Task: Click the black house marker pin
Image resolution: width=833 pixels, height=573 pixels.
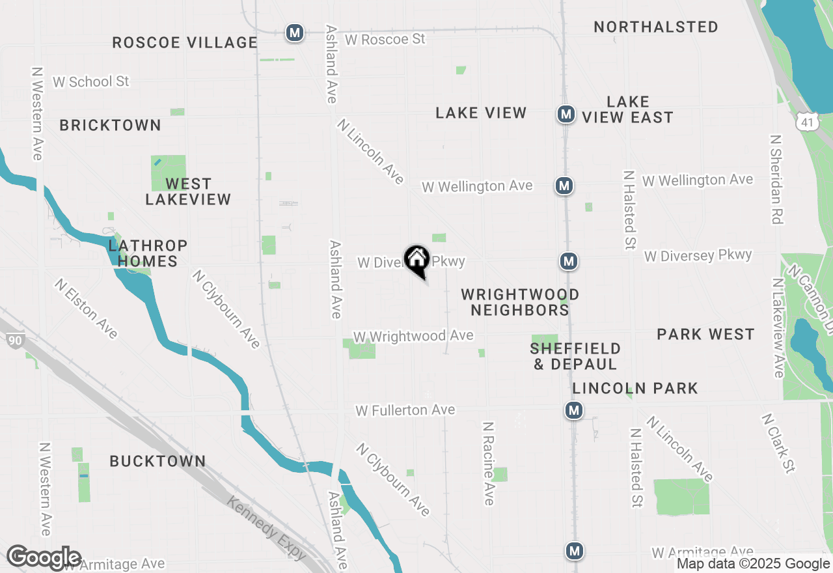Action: [x=416, y=260]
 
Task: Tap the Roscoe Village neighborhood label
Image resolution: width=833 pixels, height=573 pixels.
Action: [x=185, y=43]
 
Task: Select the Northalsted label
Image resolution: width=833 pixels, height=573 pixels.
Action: [x=656, y=27]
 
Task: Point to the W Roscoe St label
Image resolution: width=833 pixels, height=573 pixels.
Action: [x=385, y=40]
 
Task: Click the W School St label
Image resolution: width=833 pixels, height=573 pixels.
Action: [x=91, y=82]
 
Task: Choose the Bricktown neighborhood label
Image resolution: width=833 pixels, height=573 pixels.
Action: [x=111, y=125]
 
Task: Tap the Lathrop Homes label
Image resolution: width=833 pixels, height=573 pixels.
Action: [x=148, y=253]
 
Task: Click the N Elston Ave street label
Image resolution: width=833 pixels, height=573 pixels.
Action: [x=86, y=309]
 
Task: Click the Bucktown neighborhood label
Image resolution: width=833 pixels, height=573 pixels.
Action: [x=157, y=462]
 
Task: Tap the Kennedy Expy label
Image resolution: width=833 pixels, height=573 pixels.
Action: [x=266, y=527]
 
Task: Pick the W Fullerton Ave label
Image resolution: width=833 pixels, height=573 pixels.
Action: [x=405, y=410]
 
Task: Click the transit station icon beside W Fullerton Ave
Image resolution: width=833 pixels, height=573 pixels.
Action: [x=573, y=410]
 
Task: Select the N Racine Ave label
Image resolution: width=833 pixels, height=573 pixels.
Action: [x=488, y=463]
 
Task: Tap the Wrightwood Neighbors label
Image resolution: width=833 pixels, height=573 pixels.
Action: [x=520, y=302]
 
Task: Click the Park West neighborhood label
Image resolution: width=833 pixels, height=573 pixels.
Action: [x=705, y=335]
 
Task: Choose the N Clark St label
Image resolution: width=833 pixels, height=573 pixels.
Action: [x=778, y=443]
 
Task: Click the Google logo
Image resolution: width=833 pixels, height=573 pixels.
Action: [x=44, y=558]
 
